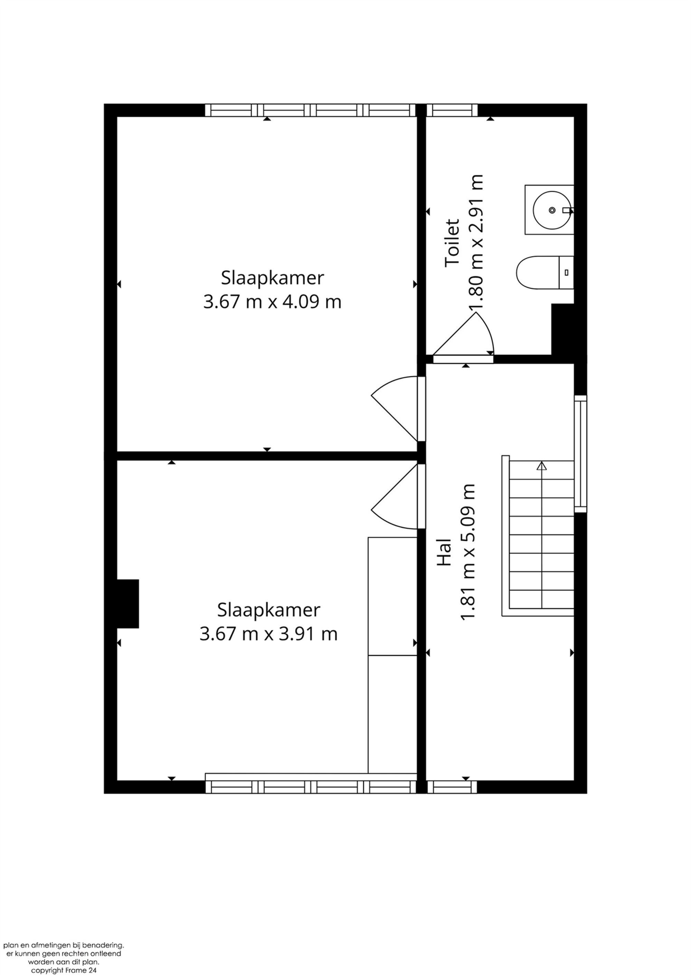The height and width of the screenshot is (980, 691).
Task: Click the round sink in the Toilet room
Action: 551,210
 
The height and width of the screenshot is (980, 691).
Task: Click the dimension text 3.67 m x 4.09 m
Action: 272,302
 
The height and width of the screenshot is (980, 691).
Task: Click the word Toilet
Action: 452,243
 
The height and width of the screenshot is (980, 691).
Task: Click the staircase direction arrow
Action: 541,466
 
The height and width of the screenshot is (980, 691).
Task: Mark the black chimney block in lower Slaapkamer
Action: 128,604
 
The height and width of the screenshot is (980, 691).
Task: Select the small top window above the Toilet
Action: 452,110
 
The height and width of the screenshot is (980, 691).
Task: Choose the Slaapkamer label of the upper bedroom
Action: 272,278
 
